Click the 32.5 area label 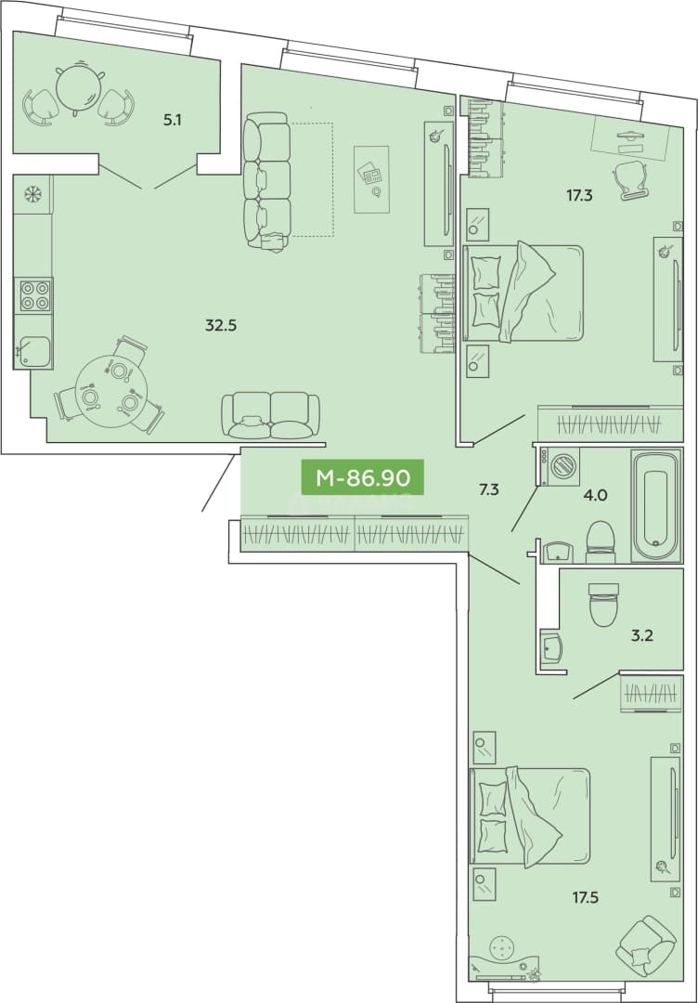221,325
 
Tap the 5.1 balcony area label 172,120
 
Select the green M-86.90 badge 362,477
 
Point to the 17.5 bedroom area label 585,897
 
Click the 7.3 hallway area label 489,490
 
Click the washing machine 560,465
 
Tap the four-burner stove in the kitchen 35,295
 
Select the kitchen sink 33,352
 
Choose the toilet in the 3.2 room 604,604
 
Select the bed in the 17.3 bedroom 523,293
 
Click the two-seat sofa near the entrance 270,415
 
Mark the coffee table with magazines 371,179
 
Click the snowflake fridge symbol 32,194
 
